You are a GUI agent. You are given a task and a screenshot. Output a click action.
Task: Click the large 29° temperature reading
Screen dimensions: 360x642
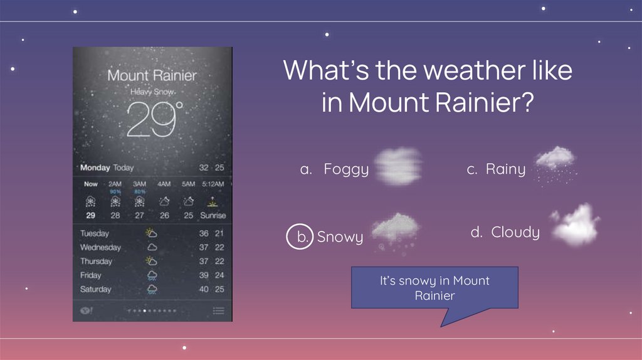[154, 119]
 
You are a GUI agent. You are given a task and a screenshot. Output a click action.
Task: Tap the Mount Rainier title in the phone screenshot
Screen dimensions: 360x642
[152, 76]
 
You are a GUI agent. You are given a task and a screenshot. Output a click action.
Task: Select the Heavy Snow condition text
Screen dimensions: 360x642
[152, 92]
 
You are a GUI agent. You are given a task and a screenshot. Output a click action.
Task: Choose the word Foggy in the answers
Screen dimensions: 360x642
[346, 169]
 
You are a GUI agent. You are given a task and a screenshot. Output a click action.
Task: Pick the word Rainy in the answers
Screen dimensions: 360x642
[505, 169]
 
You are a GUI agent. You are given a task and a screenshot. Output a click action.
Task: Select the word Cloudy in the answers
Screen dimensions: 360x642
[515, 232]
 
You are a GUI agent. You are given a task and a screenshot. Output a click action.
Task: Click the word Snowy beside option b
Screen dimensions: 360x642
[340, 237]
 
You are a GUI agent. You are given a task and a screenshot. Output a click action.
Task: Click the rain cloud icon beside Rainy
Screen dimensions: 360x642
[555, 163]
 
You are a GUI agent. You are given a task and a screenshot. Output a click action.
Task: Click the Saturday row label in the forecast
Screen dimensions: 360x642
[96, 289]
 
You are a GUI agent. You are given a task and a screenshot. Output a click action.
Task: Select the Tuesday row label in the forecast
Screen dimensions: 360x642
[95, 233]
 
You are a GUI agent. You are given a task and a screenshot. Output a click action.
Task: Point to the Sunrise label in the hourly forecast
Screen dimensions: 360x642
[213, 215]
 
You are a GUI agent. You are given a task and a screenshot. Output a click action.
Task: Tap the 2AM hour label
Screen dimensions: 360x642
[115, 184]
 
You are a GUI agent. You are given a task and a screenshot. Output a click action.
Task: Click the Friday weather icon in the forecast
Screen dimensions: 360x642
[152, 275]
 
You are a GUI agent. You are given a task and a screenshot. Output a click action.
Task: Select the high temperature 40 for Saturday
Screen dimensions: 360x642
[204, 289]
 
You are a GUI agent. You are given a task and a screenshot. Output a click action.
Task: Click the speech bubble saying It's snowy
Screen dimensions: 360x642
[434, 288]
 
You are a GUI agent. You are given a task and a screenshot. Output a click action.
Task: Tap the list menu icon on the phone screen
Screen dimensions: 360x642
[218, 310]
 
